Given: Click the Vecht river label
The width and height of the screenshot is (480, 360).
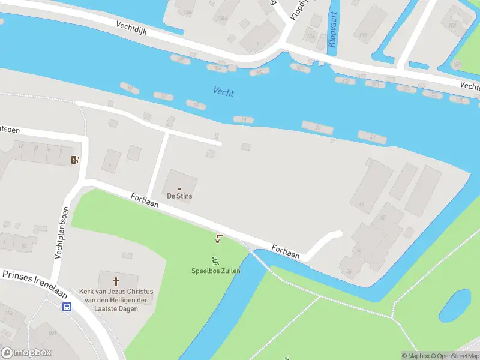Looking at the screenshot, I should (x=223, y=92).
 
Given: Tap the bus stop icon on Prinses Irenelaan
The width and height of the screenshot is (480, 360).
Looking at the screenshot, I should (x=67, y=307).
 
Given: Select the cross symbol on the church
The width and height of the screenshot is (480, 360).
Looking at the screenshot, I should (x=116, y=280).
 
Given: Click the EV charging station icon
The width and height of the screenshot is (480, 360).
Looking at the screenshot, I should (x=75, y=160).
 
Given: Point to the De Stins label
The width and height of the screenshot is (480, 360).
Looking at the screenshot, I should (x=179, y=196).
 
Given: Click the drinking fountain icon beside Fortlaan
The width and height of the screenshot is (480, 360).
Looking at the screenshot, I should (x=218, y=239).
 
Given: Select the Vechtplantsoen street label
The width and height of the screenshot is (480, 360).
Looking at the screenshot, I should (x=61, y=233).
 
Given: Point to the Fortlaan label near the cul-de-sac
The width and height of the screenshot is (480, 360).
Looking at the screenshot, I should (x=285, y=251).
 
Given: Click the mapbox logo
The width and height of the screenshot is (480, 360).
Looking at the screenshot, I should (x=26, y=353).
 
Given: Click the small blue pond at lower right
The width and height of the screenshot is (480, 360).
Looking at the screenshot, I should (x=455, y=305).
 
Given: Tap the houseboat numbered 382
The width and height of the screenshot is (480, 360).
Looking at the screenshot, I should (x=260, y=72).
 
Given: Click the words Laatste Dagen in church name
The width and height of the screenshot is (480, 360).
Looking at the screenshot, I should (x=116, y=308).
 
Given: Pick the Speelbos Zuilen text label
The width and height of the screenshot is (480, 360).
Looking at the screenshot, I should (x=216, y=271).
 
